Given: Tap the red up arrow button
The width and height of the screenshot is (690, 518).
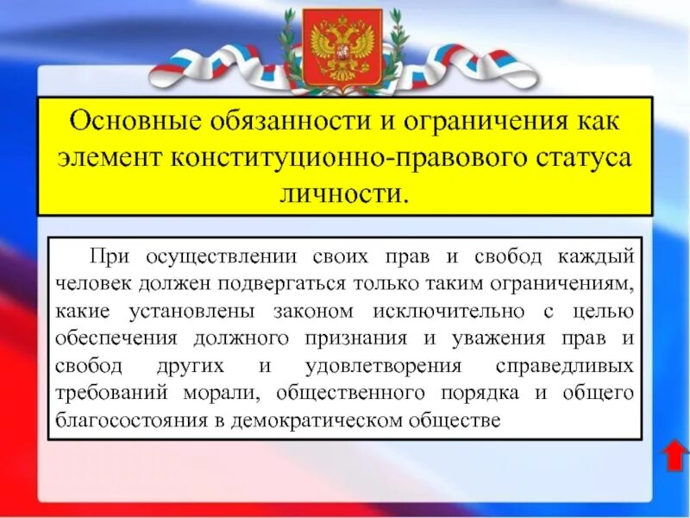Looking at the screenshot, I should [x=673, y=455].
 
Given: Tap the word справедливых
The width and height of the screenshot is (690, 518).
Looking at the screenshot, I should [x=566, y=365].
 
